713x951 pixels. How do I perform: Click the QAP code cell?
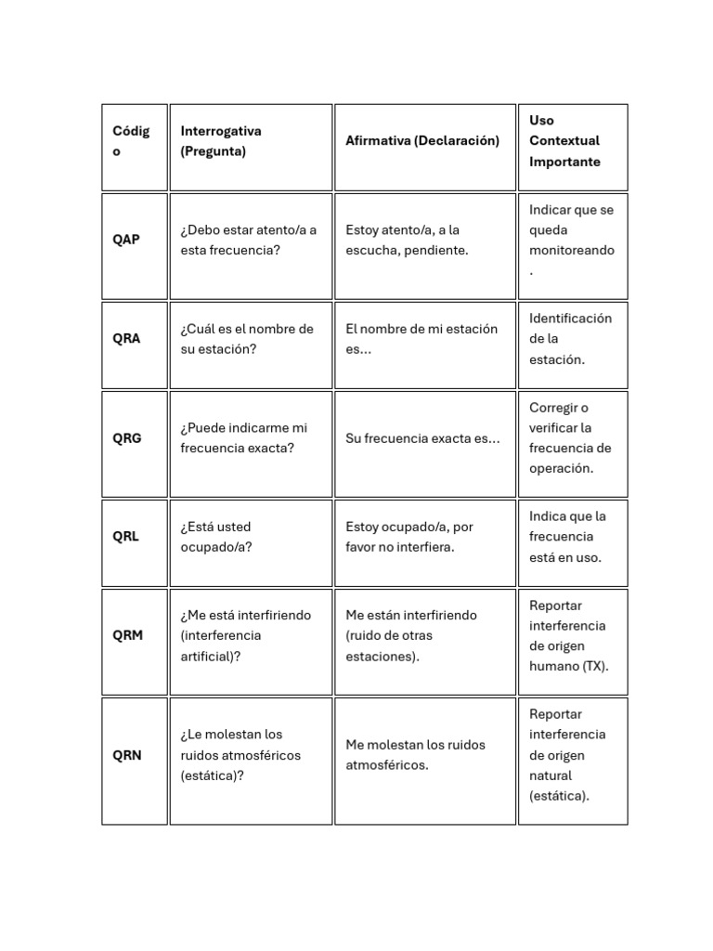click(126, 240)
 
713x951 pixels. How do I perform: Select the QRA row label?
click(126, 339)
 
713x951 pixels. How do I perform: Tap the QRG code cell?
click(127, 438)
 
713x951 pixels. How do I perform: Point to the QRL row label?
click(125, 537)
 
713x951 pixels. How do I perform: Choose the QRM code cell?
click(128, 636)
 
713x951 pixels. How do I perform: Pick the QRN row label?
click(127, 755)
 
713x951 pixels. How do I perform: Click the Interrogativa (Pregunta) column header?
click(221, 141)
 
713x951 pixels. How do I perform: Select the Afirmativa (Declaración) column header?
click(422, 141)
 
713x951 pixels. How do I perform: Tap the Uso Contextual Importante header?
click(564, 141)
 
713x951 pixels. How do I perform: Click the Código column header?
click(130, 141)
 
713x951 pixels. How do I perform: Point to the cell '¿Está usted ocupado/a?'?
click(216, 537)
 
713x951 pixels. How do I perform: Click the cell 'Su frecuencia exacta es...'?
click(422, 438)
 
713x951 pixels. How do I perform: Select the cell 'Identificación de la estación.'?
click(570, 339)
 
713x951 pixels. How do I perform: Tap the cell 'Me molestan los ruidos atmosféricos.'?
click(415, 755)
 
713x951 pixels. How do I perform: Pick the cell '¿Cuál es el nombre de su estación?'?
click(247, 339)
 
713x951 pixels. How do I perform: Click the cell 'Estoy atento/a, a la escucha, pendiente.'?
click(407, 240)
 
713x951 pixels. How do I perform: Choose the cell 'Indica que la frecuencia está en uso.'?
click(567, 537)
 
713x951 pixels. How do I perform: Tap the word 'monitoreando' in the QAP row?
click(571, 251)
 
